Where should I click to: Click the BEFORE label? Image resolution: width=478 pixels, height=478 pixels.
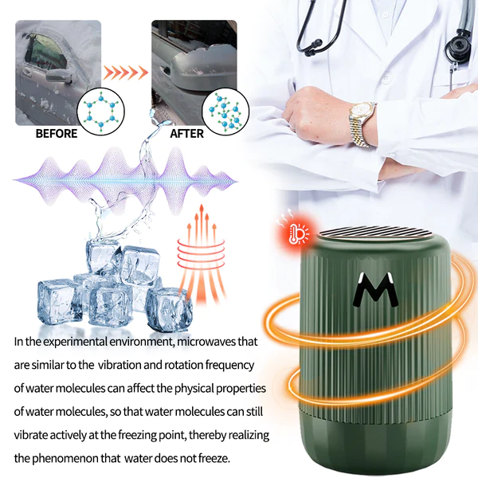(x=57, y=133)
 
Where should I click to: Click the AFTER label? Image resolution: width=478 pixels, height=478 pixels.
(x=187, y=133)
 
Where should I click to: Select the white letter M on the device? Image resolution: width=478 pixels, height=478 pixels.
(x=375, y=292)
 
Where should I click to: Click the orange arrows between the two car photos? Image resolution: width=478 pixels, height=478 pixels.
(x=126, y=73)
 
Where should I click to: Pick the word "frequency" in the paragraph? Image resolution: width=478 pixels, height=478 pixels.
(x=227, y=365)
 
